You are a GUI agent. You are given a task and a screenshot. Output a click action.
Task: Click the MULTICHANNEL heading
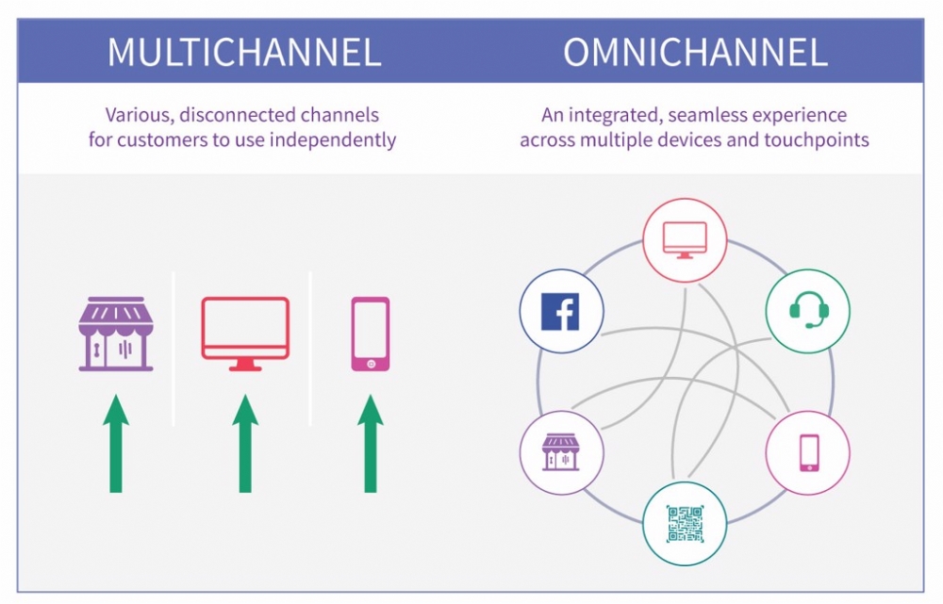tap(244, 52)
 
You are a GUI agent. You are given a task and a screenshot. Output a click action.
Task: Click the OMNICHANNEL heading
tap(695, 52)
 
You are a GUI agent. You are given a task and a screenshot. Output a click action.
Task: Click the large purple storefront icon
tap(116, 335)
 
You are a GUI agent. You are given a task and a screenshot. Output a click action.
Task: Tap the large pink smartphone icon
tap(370, 334)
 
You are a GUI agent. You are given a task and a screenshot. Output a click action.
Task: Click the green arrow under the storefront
tap(116, 443)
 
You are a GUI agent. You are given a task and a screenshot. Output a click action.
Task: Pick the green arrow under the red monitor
tap(245, 443)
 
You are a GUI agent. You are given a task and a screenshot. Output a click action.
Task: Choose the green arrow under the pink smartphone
tap(370, 443)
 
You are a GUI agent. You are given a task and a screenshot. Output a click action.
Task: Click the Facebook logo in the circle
tap(561, 311)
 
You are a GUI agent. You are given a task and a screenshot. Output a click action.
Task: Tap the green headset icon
tap(807, 310)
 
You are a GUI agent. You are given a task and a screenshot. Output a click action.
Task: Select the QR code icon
tap(685, 523)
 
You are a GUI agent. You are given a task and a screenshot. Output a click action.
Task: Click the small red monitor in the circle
tap(685, 239)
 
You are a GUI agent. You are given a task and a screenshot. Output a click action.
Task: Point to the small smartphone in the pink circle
tap(807, 452)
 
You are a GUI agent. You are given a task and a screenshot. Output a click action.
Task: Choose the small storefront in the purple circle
tap(561, 452)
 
